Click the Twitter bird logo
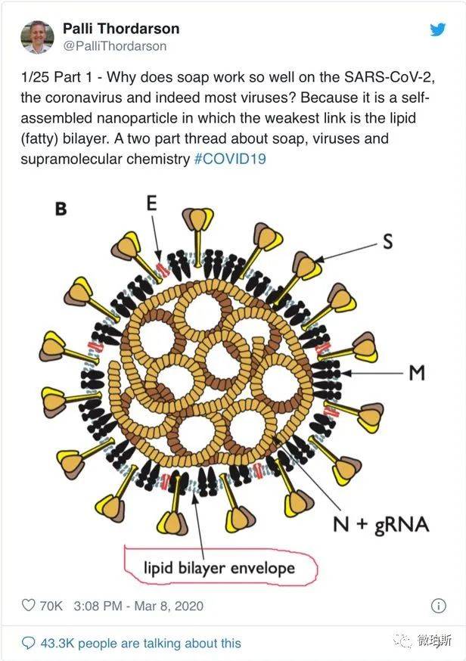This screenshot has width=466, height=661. [438, 29]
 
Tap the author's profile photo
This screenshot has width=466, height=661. [37, 37]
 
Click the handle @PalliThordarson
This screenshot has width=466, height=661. [115, 46]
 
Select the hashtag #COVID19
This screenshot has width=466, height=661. [230, 159]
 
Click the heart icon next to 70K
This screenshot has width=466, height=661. [28, 605]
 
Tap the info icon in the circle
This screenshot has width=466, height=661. [439, 606]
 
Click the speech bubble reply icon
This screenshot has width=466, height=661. [28, 643]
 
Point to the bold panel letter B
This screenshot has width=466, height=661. [61, 209]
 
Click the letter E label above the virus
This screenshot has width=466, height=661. [151, 203]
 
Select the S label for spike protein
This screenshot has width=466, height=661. [387, 241]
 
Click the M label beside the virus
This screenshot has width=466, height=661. [417, 372]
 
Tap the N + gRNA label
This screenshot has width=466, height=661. [381, 525]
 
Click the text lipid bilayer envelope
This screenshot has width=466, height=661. [219, 568]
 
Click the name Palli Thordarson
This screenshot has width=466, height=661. [121, 28]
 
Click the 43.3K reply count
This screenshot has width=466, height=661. [57, 644]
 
